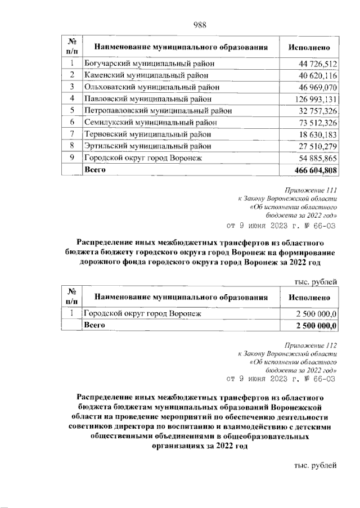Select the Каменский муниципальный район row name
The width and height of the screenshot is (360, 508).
pyautogui.click(x=147, y=75)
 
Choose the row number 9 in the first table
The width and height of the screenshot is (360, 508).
pyautogui.click(x=73, y=158)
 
